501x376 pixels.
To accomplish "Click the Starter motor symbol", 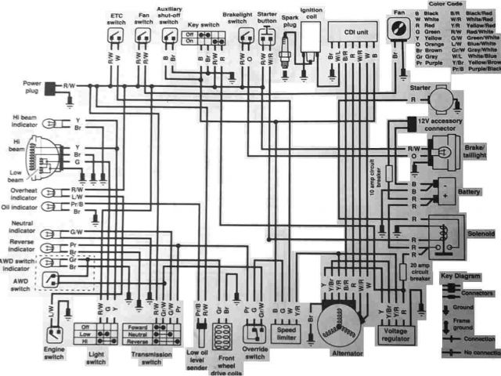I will tap(444, 99).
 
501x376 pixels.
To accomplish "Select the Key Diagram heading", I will tap(458, 277).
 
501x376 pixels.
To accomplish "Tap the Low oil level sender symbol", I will tap(199, 335).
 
